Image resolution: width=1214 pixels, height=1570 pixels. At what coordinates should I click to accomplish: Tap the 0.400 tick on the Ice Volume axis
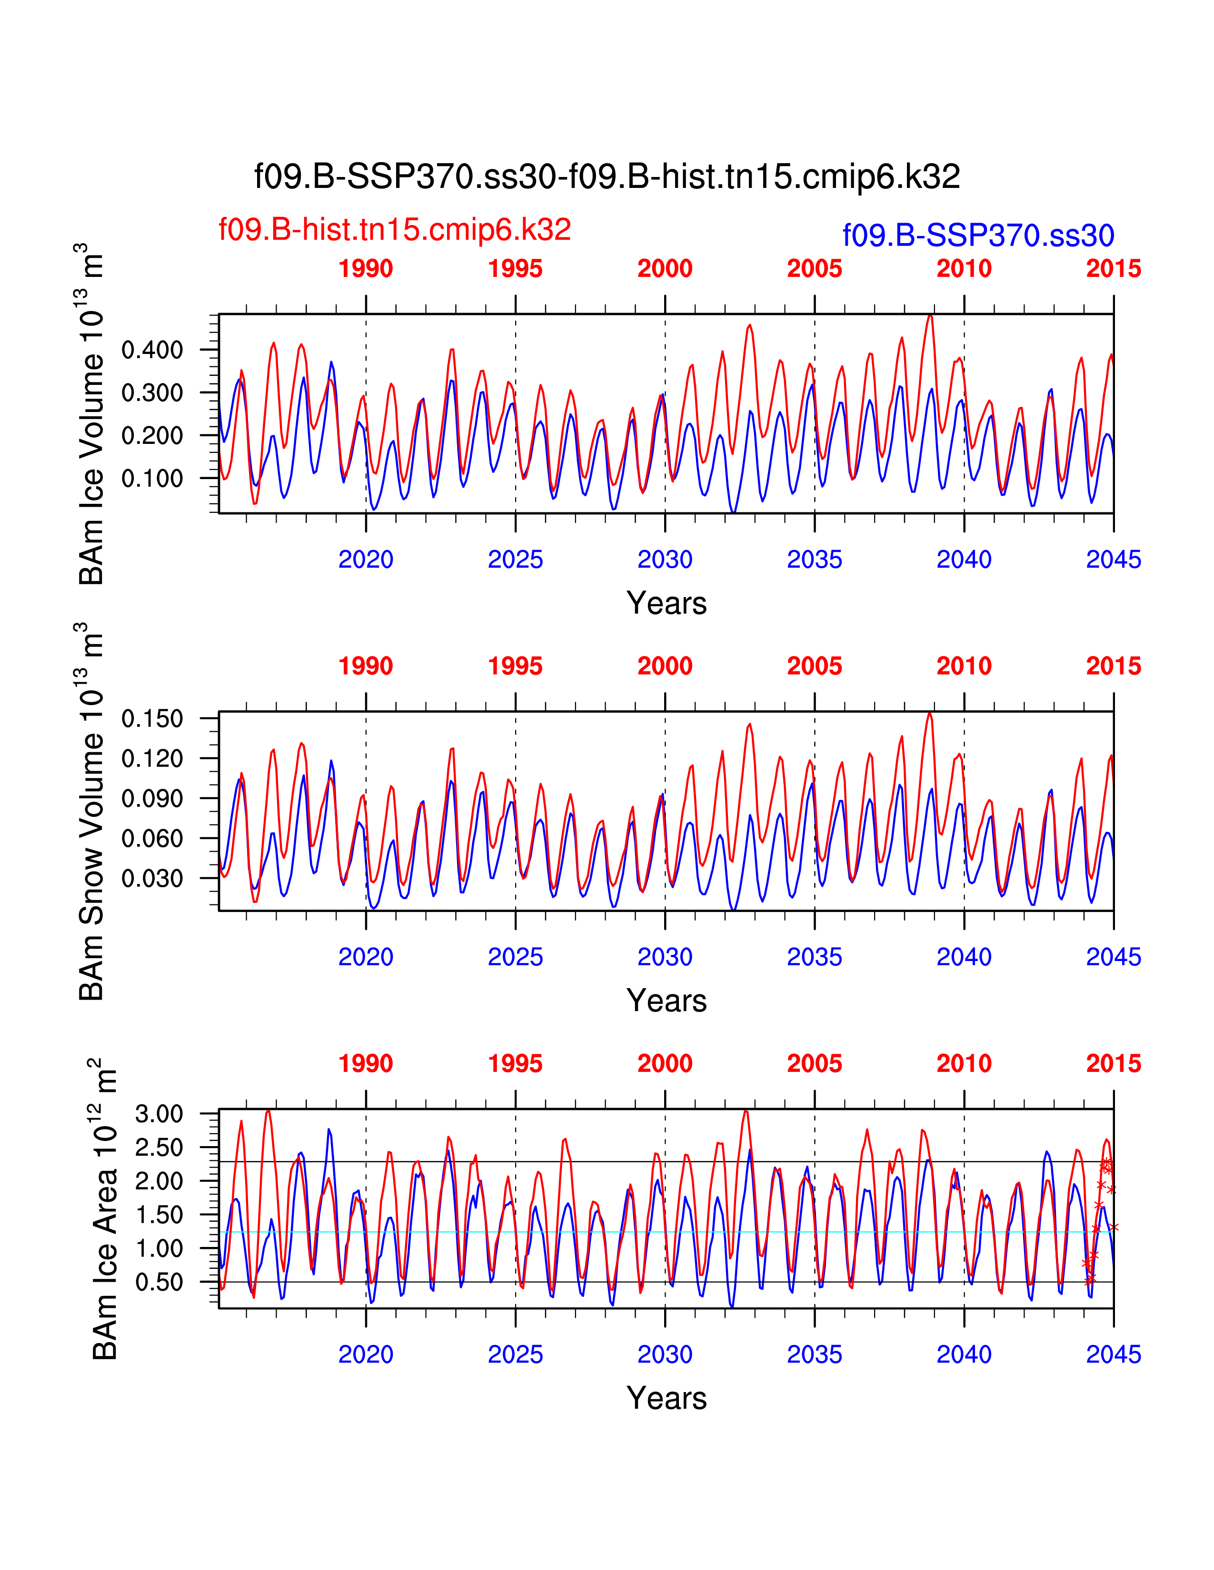point(152,351)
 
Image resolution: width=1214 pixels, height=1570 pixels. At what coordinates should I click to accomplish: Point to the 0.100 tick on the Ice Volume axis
point(152,479)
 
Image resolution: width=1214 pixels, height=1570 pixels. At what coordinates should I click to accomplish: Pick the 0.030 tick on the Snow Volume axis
point(152,878)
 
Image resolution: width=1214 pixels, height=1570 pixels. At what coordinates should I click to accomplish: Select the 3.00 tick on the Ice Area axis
point(159,1114)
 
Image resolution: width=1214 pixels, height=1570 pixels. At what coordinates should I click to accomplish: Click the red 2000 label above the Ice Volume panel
point(665,269)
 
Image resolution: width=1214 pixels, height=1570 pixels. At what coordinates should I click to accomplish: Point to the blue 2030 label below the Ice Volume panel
point(665,559)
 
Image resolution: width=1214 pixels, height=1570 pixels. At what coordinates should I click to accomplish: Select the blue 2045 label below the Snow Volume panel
point(1114,957)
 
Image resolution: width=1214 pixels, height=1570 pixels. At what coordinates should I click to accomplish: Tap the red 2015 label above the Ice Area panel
point(1114,1064)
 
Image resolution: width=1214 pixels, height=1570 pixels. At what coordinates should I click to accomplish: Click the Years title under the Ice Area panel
point(667,1398)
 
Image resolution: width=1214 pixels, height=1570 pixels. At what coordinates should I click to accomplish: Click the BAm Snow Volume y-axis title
point(91,812)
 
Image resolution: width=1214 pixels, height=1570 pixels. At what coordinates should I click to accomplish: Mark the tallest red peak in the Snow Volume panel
point(929,714)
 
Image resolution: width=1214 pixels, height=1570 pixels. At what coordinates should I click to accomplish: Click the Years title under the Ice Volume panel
point(667,603)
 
